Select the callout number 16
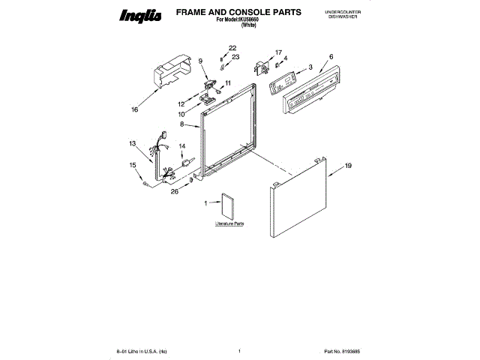(135, 109)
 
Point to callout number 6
(331, 56)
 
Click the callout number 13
(132, 143)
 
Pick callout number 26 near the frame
(174, 191)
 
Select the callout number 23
(235, 57)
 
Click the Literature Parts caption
(230, 223)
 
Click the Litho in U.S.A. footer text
(142, 351)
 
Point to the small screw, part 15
(143, 182)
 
